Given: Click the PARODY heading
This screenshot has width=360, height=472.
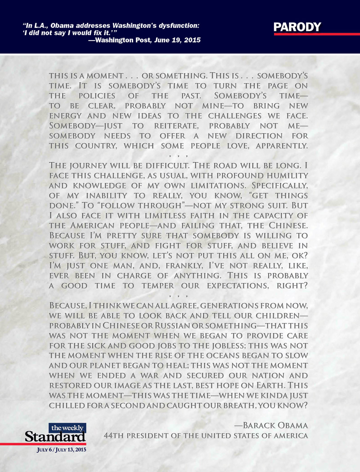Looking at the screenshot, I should [297, 27].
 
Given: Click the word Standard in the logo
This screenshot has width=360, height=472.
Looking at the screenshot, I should [55, 436].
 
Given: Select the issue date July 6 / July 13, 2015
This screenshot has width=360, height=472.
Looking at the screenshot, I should [56, 449].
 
